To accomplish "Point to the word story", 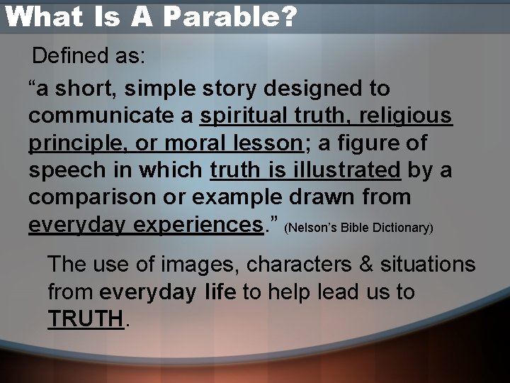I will coord(232,89).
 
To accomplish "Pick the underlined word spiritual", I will coord(245,116).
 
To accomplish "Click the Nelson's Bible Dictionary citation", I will coord(358,228).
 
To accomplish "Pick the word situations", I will coord(428,265).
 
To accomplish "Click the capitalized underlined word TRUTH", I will coord(85,319).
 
